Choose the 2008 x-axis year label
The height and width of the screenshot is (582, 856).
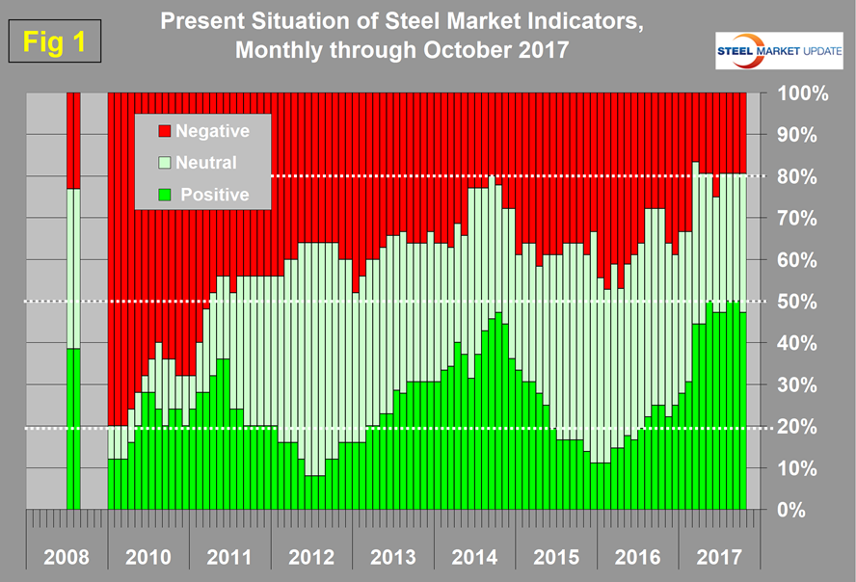coord(67,557)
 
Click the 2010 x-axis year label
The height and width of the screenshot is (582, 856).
coord(148,557)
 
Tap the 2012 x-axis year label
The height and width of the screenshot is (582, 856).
coord(311,557)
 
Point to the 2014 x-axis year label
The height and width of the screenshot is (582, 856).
coord(474,557)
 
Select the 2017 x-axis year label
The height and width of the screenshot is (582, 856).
coord(719,557)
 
